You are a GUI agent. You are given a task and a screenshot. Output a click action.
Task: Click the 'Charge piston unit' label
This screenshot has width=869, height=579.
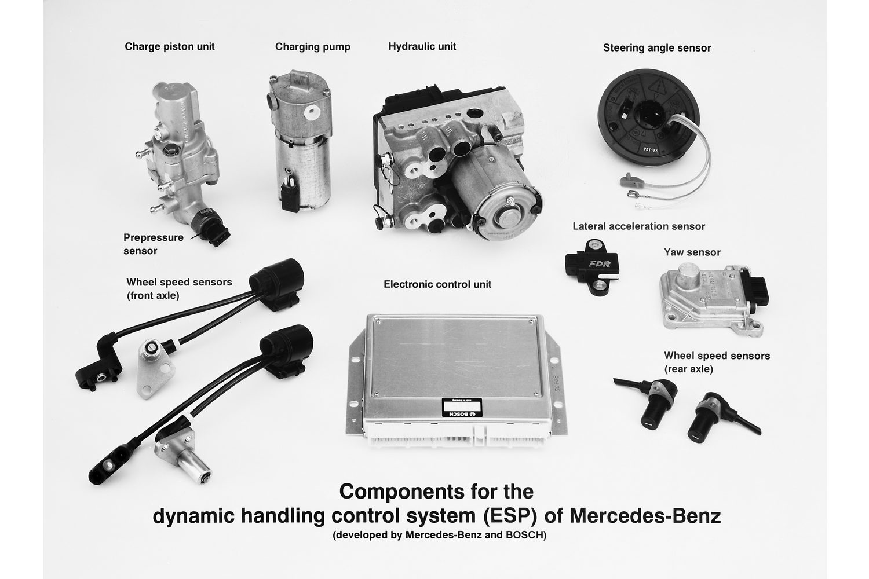coord(170,47)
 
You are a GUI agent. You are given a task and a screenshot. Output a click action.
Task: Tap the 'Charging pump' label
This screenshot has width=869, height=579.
coord(313,47)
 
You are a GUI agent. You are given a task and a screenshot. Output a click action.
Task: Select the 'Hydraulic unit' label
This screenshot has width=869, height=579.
coord(422,46)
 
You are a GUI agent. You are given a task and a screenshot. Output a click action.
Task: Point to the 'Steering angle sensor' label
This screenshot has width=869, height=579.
coord(657,48)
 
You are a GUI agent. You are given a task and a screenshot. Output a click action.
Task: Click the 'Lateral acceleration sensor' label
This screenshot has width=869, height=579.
coord(638,226)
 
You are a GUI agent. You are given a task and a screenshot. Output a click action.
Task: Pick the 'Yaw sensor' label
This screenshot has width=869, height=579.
coord(692,252)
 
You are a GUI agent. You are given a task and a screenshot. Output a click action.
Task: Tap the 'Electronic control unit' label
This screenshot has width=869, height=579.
coord(437,284)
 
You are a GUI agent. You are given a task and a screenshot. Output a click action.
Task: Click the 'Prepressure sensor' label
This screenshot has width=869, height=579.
coord(154,244)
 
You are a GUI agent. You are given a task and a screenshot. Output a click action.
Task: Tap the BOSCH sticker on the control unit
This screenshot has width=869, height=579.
coord(462,407)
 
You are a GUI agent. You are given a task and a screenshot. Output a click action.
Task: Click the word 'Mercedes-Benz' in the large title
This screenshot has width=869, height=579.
coord(645,516)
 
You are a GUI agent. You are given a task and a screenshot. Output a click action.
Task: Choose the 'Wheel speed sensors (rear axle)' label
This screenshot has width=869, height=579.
coord(717,362)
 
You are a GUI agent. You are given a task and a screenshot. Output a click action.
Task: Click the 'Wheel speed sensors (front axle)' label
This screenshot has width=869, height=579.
coord(179,288)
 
